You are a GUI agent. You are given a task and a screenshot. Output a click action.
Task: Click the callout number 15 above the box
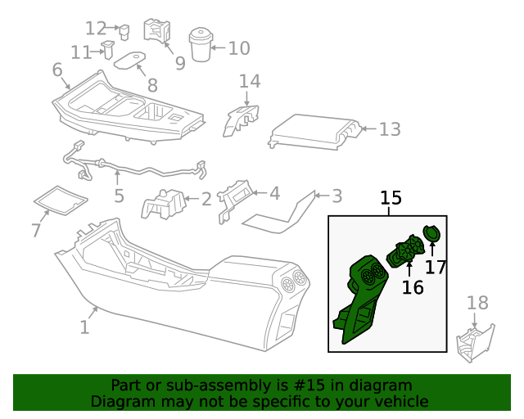click(391, 198)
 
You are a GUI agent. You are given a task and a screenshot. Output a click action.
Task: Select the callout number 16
click(413, 287)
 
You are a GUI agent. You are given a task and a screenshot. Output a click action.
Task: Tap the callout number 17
click(436, 266)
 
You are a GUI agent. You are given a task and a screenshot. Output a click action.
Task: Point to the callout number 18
click(477, 304)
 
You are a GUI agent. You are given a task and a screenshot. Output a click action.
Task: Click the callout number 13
click(390, 129)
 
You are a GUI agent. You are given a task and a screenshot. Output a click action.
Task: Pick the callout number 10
click(238, 48)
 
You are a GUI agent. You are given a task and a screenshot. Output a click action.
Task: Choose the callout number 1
click(84, 327)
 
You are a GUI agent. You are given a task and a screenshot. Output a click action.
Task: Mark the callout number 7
click(35, 231)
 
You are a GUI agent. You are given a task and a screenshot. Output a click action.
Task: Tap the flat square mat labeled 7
click(59, 199)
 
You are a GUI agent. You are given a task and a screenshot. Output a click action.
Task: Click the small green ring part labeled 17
click(431, 234)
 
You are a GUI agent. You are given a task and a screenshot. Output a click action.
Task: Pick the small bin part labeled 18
click(475, 343)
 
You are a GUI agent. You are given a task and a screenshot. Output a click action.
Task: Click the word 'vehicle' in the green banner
click(400, 402)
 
